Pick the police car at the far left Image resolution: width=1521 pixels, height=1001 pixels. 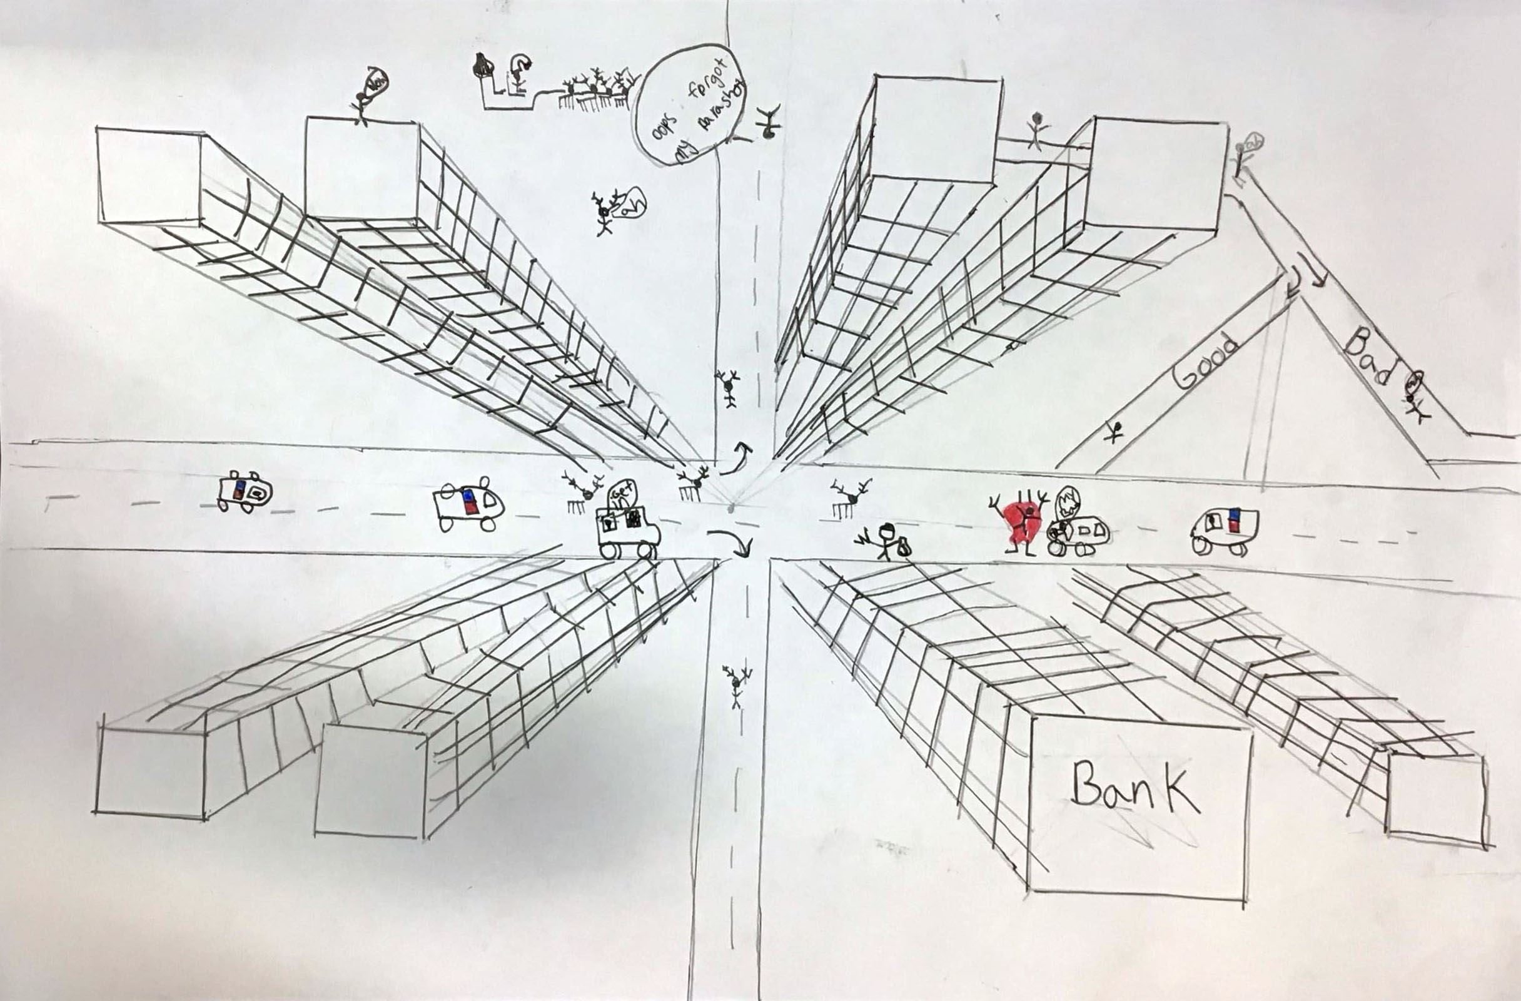(x=243, y=493)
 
